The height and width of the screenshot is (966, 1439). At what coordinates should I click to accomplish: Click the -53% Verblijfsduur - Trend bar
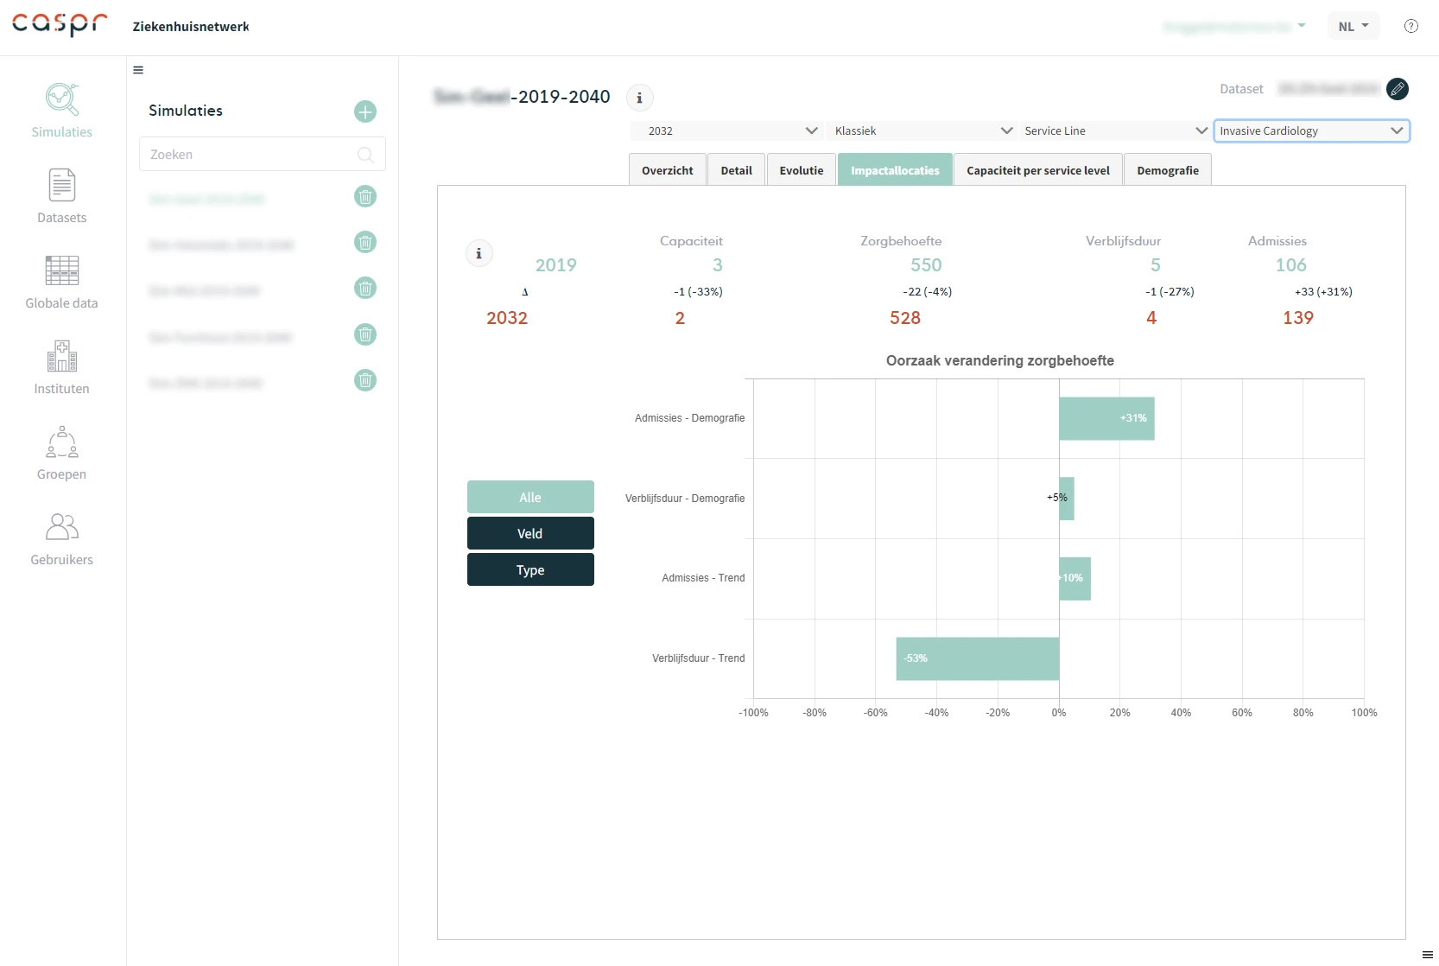pyautogui.click(x=977, y=658)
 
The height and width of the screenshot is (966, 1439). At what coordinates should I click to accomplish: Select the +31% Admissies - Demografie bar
pyautogui.click(x=1106, y=418)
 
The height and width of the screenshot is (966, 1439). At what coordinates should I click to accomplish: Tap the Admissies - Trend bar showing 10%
pyautogui.click(x=1074, y=578)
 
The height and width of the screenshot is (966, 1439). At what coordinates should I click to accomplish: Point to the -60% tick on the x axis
pyautogui.click(x=875, y=713)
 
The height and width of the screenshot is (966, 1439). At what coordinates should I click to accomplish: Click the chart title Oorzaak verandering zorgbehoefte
pyautogui.click(x=999, y=360)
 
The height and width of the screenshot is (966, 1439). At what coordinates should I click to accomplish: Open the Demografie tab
pyautogui.click(x=1167, y=170)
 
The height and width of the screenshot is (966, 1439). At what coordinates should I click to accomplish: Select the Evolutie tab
pyautogui.click(x=801, y=170)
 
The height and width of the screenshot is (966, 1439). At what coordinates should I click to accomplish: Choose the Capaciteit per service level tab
pyautogui.click(x=1037, y=170)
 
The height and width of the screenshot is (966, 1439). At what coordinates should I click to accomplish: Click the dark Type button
pyautogui.click(x=530, y=570)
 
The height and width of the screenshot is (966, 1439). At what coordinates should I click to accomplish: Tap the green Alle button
pyautogui.click(x=530, y=497)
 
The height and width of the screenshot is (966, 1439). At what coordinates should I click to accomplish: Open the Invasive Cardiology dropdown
pyautogui.click(x=1311, y=130)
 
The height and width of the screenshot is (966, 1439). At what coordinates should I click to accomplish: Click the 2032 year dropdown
pyautogui.click(x=725, y=130)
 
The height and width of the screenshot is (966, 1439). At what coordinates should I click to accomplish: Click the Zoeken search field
pyautogui.click(x=251, y=155)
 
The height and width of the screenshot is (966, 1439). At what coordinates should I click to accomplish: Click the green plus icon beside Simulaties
pyautogui.click(x=365, y=111)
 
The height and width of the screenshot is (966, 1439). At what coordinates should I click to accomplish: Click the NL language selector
pyautogui.click(x=1353, y=26)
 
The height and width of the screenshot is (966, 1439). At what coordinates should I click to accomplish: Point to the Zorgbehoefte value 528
pyautogui.click(x=904, y=318)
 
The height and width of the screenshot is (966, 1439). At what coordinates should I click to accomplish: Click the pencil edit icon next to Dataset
pyautogui.click(x=1397, y=89)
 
